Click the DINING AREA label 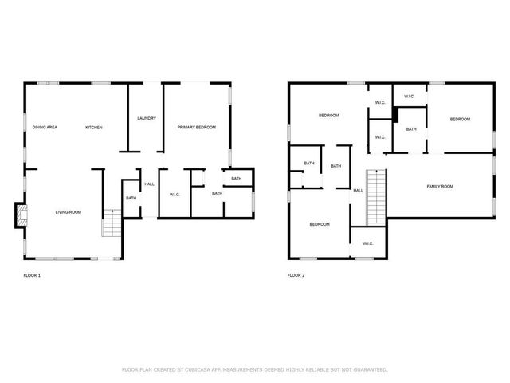pos(45,128)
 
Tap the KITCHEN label pos(94,128)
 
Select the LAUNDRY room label pos(146,119)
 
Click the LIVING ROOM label pos(69,212)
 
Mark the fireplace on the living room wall pos(20,215)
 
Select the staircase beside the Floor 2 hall pos(375,198)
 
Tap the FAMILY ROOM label pos(440,187)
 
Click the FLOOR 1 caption pos(32,275)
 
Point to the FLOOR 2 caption pos(296,275)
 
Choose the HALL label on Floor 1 pos(149,184)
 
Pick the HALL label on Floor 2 pos(358,191)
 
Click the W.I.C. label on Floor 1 pos(175,194)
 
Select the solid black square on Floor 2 pos(394,114)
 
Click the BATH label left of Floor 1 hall pos(131,198)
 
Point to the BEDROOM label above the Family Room pos(460,120)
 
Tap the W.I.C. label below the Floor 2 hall pos(367,243)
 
